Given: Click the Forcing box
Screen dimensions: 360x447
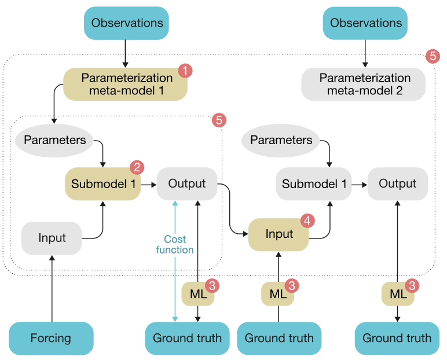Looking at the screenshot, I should pyautogui.click(x=52, y=338).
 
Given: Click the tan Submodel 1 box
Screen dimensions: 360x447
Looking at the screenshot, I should pyautogui.click(x=102, y=184).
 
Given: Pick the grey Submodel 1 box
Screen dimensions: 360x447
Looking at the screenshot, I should pyautogui.click(x=313, y=184).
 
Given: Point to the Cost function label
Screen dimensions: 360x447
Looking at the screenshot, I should pyautogui.click(x=175, y=244).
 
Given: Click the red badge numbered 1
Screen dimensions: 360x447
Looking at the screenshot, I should pyautogui.click(x=185, y=71).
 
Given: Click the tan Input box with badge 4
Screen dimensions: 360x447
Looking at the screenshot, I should pyautogui.click(x=279, y=234).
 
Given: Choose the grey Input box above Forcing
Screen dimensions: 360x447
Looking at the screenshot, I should pyautogui.click(x=52, y=238).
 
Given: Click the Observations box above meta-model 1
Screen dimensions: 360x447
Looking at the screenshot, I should pyautogui.click(x=127, y=23).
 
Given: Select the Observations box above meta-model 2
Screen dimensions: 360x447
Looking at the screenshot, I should pyautogui.click(x=365, y=23).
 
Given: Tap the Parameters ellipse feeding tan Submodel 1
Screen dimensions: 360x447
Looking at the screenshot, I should pyautogui.click(x=55, y=140).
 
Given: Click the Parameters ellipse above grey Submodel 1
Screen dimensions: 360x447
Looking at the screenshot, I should pyautogui.click(x=281, y=140).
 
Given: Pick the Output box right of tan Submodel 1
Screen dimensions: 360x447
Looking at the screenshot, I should pyautogui.click(x=187, y=183).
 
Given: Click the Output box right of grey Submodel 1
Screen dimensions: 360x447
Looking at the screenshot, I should pyautogui.click(x=397, y=183).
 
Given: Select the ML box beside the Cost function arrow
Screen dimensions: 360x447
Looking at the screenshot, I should pyautogui.click(x=197, y=294).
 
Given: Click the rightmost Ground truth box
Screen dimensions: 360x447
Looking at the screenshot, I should pyautogui.click(x=397, y=338).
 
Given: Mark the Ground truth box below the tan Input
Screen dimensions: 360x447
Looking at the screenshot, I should pyautogui.click(x=279, y=338).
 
